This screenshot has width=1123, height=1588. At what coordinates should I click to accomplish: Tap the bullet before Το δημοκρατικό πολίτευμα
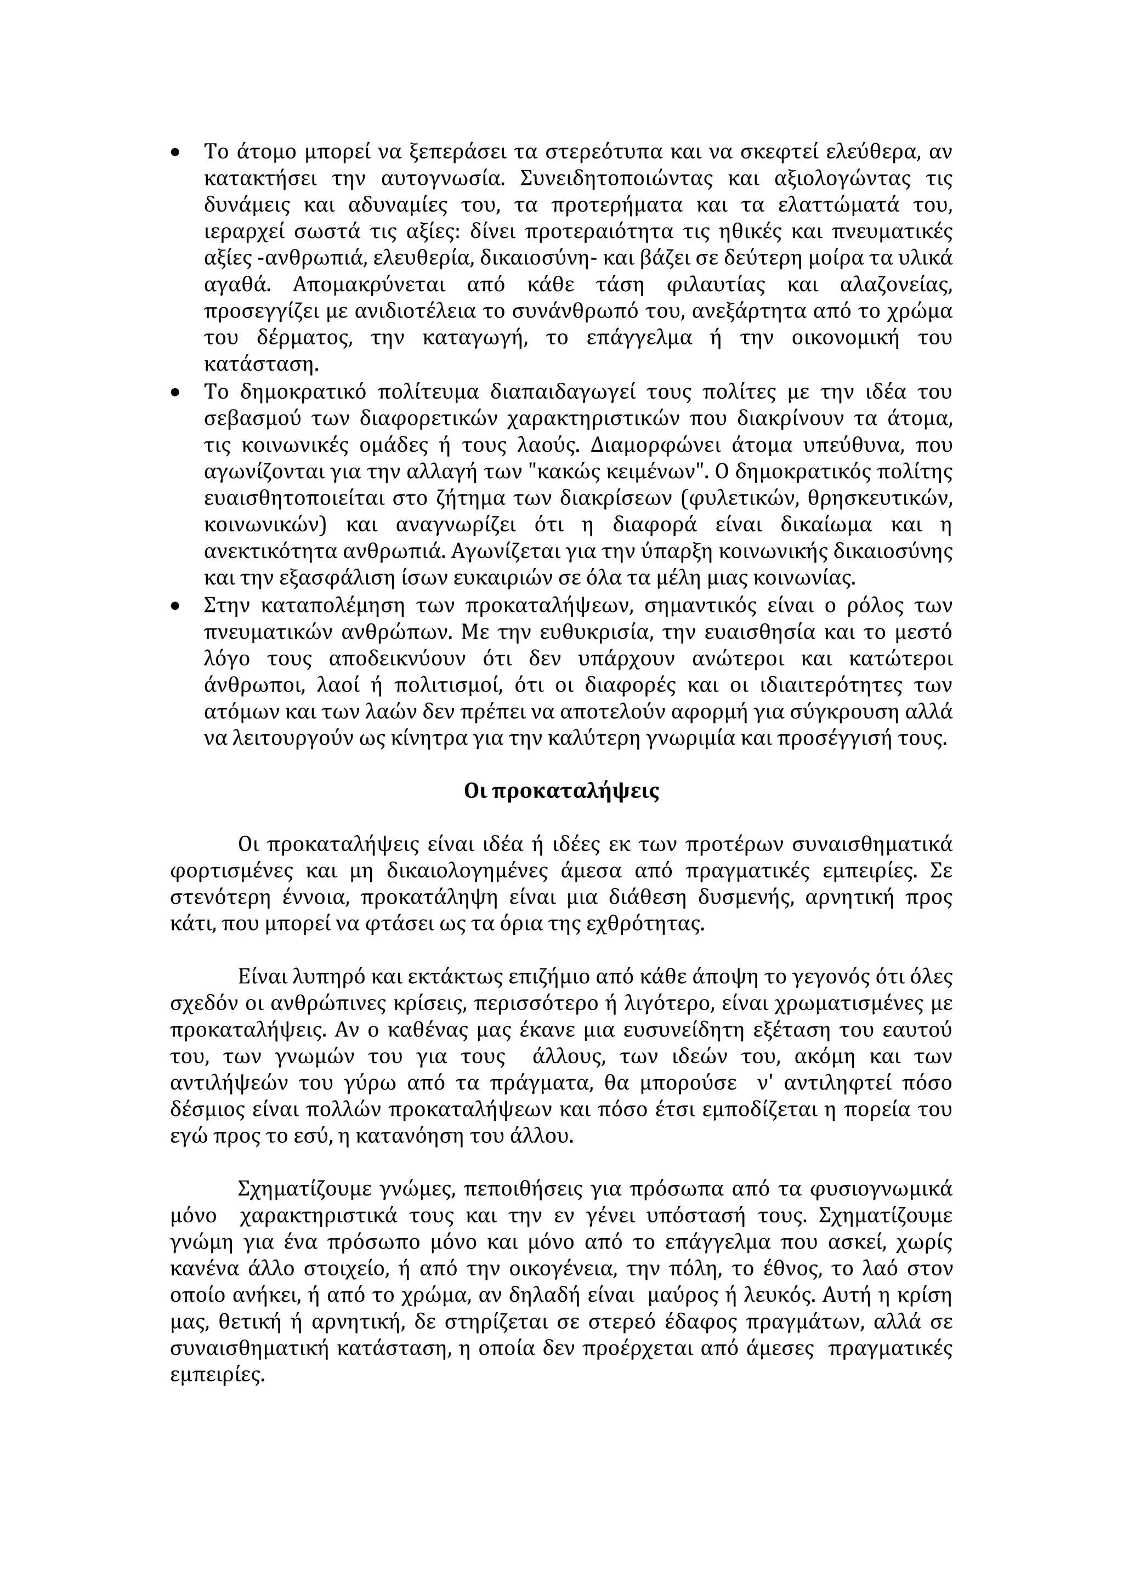click(x=175, y=393)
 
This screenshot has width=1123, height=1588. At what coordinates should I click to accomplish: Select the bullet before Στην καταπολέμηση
click(x=175, y=606)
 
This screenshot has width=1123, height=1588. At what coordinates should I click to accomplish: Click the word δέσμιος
click(x=207, y=1111)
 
